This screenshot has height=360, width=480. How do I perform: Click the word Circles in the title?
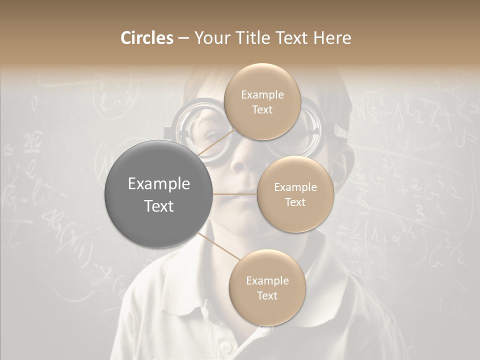(147, 38)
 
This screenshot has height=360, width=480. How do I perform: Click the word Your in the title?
(210, 38)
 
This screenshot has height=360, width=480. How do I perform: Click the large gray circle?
(158, 194)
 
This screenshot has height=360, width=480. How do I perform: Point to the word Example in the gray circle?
(158, 184)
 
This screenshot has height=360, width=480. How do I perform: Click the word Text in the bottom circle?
(267, 295)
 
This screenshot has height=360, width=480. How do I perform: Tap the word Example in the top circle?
(262, 95)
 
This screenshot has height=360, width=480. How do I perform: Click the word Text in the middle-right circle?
(295, 202)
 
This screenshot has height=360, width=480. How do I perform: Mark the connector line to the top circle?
(216, 144)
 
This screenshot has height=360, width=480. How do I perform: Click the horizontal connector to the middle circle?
(234, 194)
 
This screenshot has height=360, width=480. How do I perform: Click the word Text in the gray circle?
(158, 206)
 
